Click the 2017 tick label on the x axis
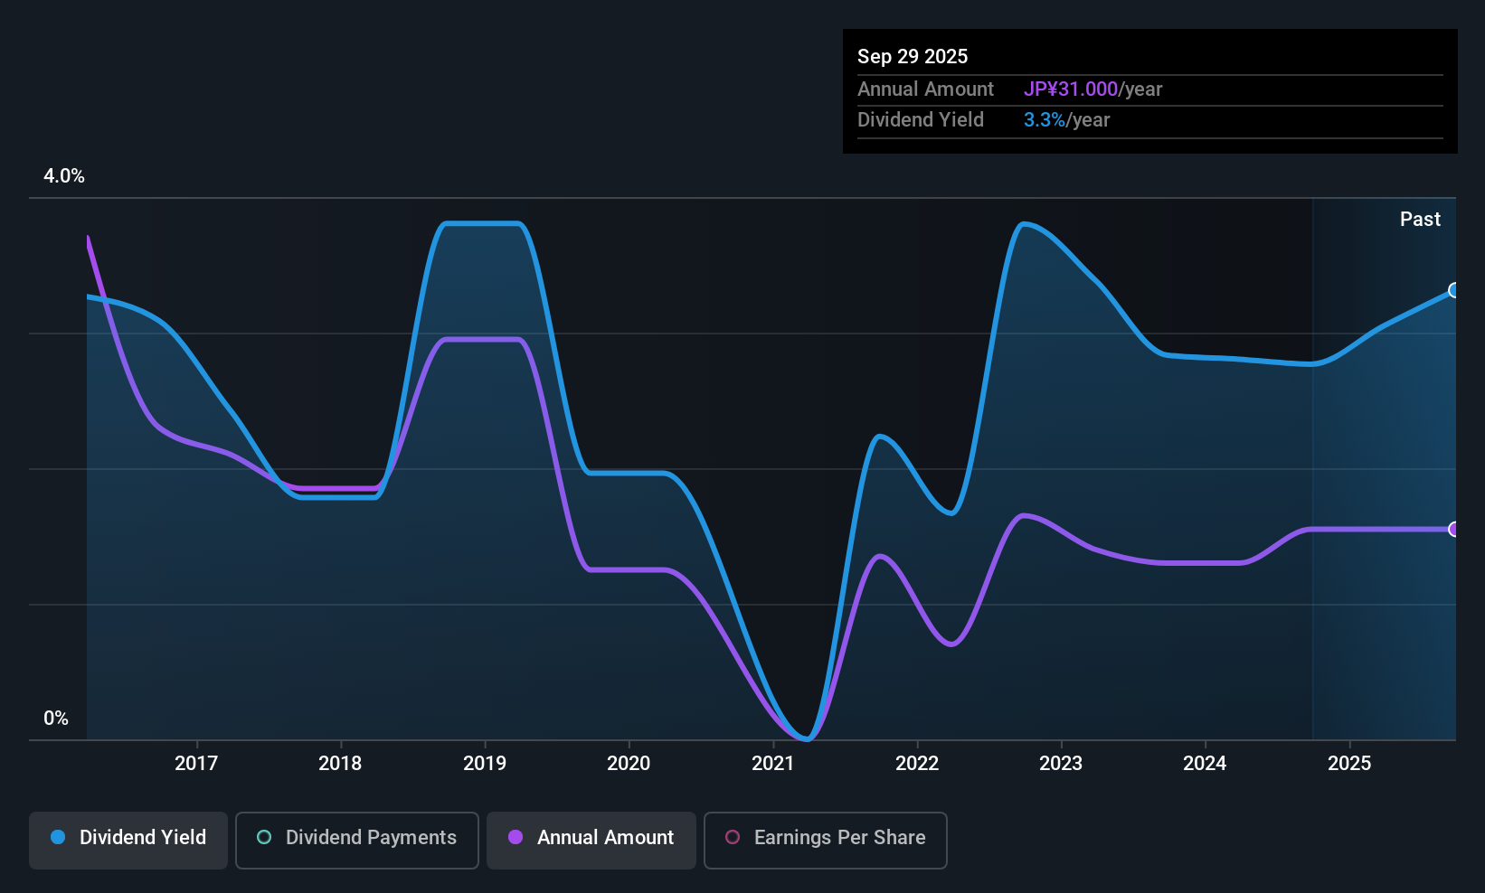click(x=196, y=763)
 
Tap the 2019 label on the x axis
click(x=485, y=763)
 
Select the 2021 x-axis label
click(x=773, y=763)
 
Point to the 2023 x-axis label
click(x=1061, y=763)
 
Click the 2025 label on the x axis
click(x=1349, y=763)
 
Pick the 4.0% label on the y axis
click(x=63, y=176)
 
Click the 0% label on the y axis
click(x=56, y=719)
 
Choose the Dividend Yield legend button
click(x=128, y=840)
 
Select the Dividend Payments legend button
click(x=356, y=840)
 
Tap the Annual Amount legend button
click(x=591, y=840)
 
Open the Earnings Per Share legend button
click(x=826, y=840)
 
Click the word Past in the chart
click(x=1420, y=220)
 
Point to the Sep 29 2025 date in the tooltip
click(x=913, y=56)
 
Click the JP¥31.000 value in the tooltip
click(x=1071, y=89)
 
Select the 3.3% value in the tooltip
click(x=1045, y=120)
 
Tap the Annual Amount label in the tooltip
click(x=925, y=89)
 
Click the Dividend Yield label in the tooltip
click(x=920, y=120)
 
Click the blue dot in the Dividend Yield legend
click(x=59, y=837)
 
